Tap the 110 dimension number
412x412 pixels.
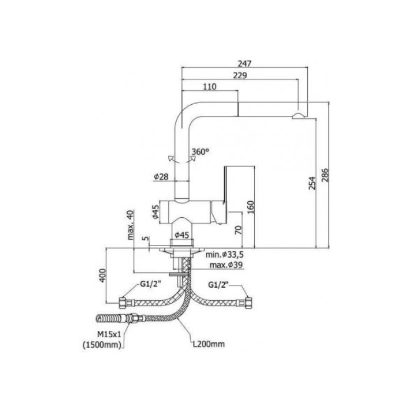pos(210,87)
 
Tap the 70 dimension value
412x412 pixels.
pos(238,230)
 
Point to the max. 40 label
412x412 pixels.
pos(131,225)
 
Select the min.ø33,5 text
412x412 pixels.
pos(224,255)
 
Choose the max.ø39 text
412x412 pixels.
pos(223,265)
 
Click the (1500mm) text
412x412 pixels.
pos(104,346)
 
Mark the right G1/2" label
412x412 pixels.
pos(220,285)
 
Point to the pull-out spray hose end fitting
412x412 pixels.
pos(109,320)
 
